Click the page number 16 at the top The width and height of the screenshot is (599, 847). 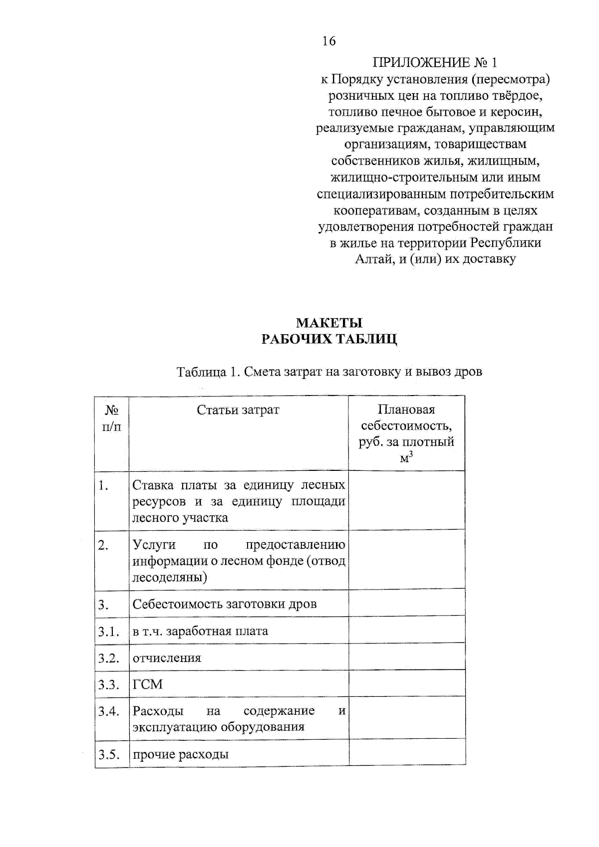coord(329,41)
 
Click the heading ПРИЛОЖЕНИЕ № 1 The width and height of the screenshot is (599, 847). coord(435,63)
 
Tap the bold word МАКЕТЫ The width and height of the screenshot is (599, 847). coord(329,323)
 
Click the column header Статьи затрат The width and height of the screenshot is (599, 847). coord(238,410)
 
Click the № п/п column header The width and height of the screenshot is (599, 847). coord(112,419)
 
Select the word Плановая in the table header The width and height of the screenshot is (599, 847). coord(406,410)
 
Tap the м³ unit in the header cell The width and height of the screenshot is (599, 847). coord(406,457)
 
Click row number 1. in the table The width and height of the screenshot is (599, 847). coord(103,485)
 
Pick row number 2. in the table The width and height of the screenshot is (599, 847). coord(103,545)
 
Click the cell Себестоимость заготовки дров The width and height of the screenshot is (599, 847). coord(224,604)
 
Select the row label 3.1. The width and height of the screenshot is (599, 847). coord(108,632)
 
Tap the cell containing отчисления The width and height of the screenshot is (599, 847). coord(167,658)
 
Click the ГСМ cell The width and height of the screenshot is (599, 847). coord(148,684)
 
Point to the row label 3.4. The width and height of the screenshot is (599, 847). coord(108,711)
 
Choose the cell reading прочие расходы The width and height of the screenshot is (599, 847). coord(180,754)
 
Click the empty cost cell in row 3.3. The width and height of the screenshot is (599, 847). coord(406,684)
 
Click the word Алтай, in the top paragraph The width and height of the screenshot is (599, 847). coord(374,259)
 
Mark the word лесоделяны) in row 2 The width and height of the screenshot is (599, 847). coord(170,578)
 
